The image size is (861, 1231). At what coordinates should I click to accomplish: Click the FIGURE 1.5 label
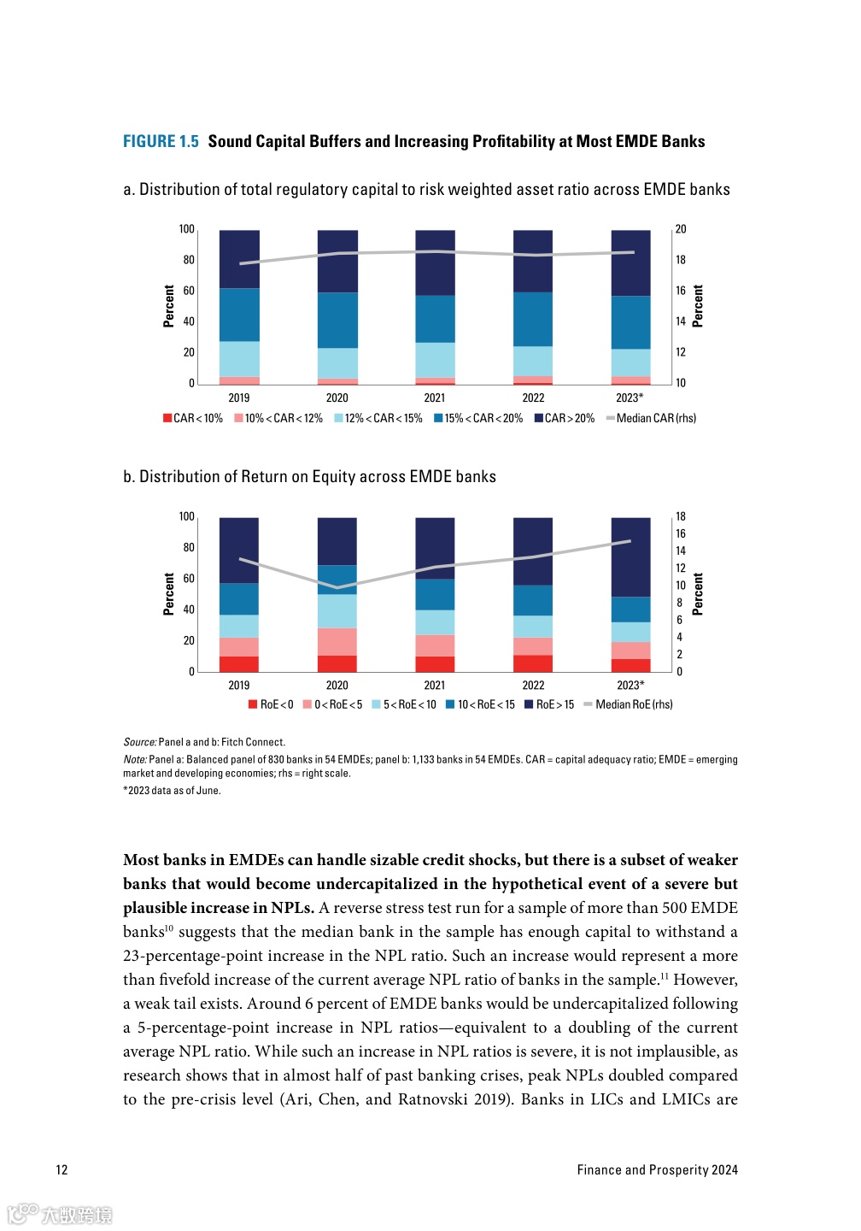[161, 142]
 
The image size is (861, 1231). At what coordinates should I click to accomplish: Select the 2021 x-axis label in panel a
[434, 398]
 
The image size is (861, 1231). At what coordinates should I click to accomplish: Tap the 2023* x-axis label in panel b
[630, 685]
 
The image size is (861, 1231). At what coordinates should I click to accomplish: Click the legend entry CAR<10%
[193, 418]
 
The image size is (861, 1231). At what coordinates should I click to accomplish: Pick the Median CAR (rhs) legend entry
[651, 418]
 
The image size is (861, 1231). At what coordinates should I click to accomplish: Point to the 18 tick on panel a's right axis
[681, 260]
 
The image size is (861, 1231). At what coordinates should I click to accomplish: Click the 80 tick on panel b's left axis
[189, 547]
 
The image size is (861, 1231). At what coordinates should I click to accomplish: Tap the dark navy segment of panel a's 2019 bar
[239, 258]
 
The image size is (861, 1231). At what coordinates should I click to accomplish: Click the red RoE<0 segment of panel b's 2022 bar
[533, 663]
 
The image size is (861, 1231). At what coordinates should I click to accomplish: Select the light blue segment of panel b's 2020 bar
[337, 610]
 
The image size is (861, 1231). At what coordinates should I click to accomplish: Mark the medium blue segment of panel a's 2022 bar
[533, 319]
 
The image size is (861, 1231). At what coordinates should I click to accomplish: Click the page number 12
[61, 1169]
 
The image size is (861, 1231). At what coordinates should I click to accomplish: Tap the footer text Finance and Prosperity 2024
[657, 1169]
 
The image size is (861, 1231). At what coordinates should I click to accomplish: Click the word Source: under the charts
[140, 742]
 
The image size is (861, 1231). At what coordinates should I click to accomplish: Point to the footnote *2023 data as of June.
[172, 791]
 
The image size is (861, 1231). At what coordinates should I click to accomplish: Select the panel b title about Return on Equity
[309, 477]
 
